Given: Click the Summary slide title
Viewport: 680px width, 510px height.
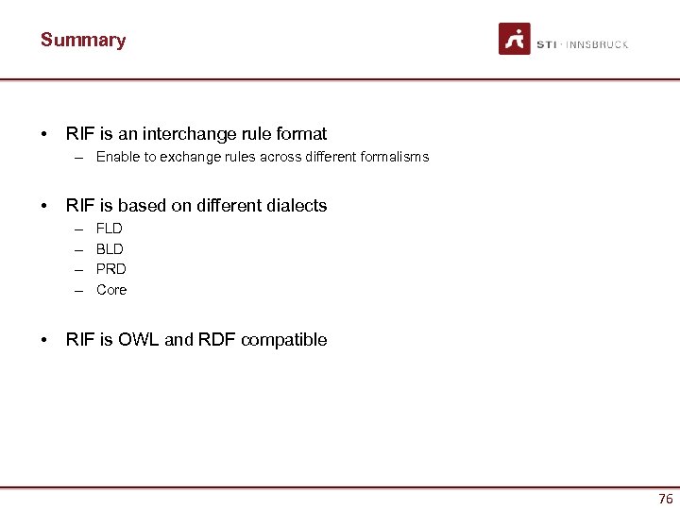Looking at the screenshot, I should [83, 41].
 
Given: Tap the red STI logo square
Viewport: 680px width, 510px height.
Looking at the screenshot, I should [515, 39].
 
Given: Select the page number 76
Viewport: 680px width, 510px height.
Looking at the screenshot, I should [665, 499].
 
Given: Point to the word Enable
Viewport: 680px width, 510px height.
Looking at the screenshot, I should [117, 157].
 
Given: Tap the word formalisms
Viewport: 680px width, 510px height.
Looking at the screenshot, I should [394, 157].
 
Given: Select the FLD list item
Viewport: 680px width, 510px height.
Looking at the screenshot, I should [110, 229].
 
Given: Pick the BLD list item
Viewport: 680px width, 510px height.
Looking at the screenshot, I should [110, 249].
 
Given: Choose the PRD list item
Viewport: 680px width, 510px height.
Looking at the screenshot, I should [110, 269].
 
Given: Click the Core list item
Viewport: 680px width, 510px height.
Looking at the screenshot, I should [111, 290].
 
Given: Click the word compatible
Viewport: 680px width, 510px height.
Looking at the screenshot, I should [283, 340].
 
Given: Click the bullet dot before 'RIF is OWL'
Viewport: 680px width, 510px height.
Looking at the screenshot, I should [44, 340].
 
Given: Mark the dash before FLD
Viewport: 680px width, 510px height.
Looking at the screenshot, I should [76, 229].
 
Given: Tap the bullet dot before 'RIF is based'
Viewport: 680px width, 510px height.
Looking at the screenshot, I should [44, 205].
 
